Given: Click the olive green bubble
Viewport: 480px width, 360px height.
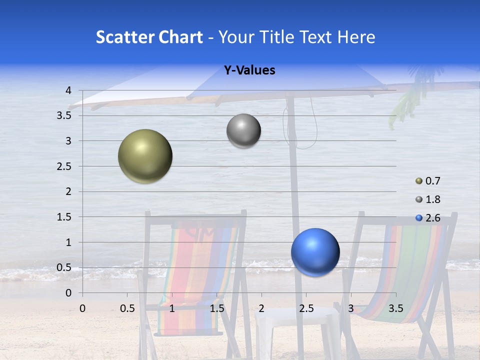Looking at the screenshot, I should point(145,156).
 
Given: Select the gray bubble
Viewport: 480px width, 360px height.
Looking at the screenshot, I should point(243,131).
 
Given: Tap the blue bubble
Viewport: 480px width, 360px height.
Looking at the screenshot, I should point(315,252).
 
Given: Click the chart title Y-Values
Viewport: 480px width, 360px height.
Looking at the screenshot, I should point(249,70).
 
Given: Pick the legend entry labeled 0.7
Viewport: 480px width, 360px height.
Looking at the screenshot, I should point(428,181).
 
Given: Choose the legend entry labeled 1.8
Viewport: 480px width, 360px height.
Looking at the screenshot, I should point(428,199).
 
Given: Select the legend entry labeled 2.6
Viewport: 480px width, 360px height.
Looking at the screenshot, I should point(428,217).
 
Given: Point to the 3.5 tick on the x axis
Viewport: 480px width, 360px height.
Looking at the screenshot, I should point(396,308).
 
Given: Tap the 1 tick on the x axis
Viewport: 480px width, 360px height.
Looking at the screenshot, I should point(172,308).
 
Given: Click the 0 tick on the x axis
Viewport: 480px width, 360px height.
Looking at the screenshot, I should point(82,308).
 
